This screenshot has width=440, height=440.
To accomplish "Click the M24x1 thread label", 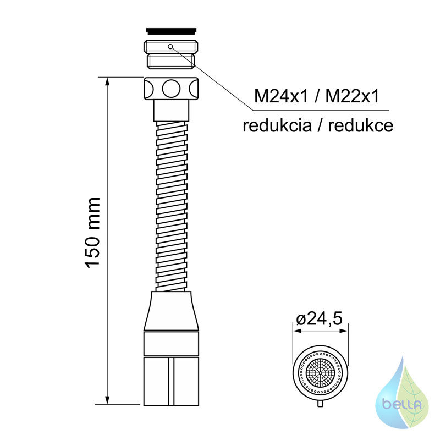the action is click(x=280, y=96).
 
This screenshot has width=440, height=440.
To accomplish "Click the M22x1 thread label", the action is click(x=352, y=96).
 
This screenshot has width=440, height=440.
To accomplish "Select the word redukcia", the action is click(x=277, y=125).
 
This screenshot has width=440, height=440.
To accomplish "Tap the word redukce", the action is click(x=361, y=125).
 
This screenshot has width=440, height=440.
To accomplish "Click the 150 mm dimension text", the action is click(x=92, y=233).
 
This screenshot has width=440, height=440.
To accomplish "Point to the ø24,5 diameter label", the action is click(x=320, y=319).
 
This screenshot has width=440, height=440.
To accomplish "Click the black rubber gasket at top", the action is click(x=171, y=30).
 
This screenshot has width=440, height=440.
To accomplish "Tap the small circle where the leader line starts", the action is click(x=170, y=46).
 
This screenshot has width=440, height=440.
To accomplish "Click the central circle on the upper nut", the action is click(x=171, y=89).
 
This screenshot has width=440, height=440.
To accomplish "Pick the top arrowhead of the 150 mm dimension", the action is click(x=107, y=82).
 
